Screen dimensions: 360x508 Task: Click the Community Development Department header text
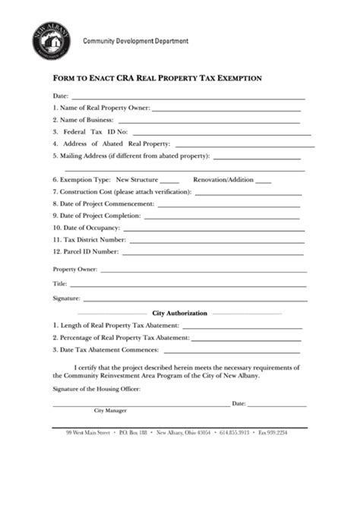pos(135,40)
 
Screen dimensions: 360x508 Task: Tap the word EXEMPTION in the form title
pos(236,77)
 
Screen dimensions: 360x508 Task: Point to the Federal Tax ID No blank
pos(219,134)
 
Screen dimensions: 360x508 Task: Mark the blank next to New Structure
pos(169,182)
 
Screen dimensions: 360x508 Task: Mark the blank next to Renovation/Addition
pos(263,182)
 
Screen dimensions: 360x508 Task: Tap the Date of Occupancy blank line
pos(214,229)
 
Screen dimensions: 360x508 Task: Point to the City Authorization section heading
pos(180,313)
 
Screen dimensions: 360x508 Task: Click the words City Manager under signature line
pos(110,410)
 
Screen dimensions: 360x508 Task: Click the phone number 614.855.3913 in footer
pos(234,433)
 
